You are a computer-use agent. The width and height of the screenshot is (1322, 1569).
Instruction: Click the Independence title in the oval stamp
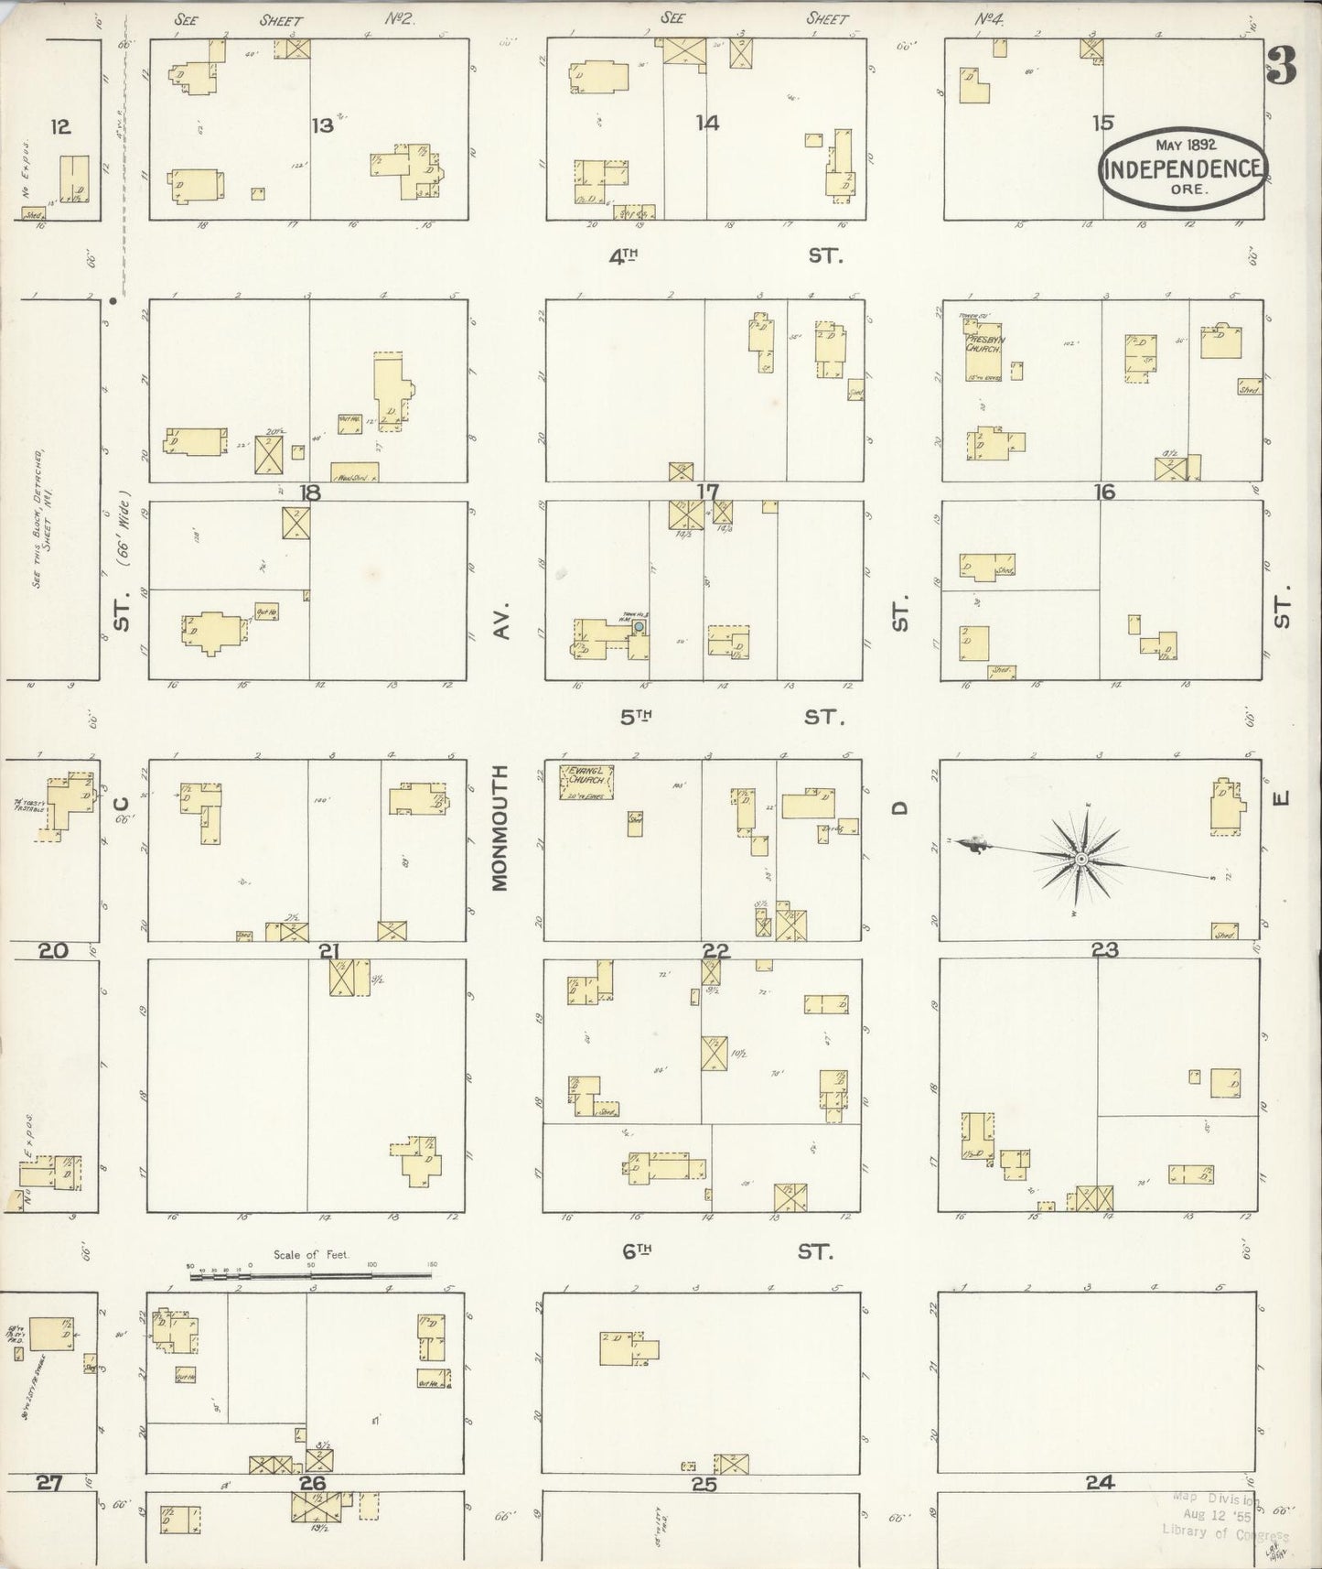click(1185, 169)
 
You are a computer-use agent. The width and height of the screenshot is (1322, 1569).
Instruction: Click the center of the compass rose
click(1080, 859)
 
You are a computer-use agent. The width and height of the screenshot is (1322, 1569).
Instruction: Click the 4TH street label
click(623, 257)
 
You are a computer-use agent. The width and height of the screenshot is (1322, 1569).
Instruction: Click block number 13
click(322, 126)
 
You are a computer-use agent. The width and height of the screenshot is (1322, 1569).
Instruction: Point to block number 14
click(707, 123)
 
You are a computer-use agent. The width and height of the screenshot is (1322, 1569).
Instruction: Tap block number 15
click(1103, 122)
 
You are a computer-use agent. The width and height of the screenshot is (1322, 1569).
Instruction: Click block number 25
click(704, 1484)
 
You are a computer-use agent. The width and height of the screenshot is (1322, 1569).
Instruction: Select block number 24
click(1100, 1482)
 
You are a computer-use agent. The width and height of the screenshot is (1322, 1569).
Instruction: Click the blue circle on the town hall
click(640, 626)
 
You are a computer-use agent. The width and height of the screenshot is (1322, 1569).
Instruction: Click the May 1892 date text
click(1186, 145)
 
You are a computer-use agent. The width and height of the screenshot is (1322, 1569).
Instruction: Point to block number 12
click(60, 126)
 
